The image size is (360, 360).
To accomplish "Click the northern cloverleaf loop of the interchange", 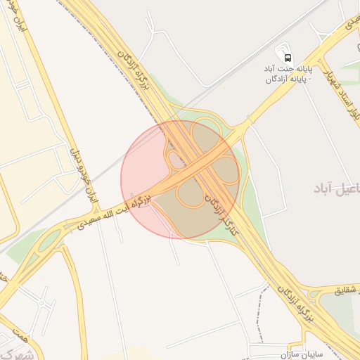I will point(205,134).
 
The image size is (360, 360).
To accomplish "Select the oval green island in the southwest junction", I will point(49,242).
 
